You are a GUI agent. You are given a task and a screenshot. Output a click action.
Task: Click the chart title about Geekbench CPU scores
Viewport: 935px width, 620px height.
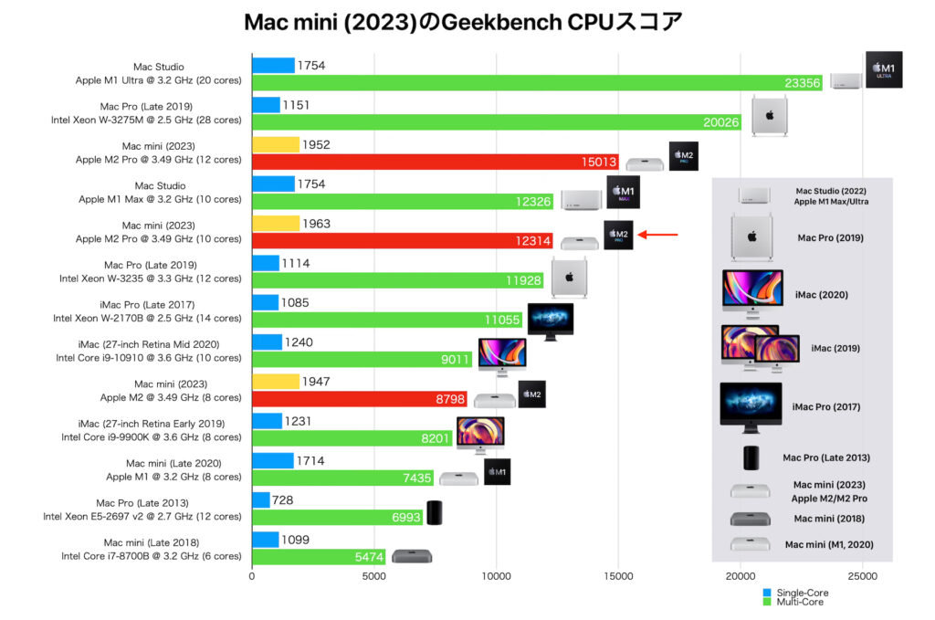point(463,23)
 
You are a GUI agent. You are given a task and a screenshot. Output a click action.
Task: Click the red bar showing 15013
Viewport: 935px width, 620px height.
point(435,163)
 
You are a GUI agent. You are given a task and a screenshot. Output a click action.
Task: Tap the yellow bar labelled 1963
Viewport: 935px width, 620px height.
point(276,224)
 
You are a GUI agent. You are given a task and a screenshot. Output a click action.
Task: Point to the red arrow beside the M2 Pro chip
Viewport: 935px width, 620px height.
point(657,235)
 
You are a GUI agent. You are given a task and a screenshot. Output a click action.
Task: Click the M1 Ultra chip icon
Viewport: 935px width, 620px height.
point(883,69)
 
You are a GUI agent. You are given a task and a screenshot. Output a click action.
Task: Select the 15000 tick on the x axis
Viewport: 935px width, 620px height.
point(618,577)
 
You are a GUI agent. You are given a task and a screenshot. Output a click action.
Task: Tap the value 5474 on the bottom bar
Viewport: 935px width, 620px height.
point(368,556)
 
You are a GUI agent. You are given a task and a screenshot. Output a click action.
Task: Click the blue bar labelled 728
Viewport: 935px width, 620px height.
point(260,500)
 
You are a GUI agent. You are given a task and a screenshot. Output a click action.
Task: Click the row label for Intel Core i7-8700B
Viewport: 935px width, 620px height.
point(151,556)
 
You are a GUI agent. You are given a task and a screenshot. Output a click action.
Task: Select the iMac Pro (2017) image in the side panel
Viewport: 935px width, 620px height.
point(751,405)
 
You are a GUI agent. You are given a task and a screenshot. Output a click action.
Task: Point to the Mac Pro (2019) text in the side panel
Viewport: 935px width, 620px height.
point(830,238)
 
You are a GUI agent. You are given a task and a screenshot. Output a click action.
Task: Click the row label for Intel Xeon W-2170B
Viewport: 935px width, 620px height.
point(147,318)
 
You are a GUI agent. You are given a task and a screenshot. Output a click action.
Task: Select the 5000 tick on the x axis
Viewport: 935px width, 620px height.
point(373,577)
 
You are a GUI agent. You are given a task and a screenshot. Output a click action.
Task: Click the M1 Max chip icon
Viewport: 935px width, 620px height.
point(623,192)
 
